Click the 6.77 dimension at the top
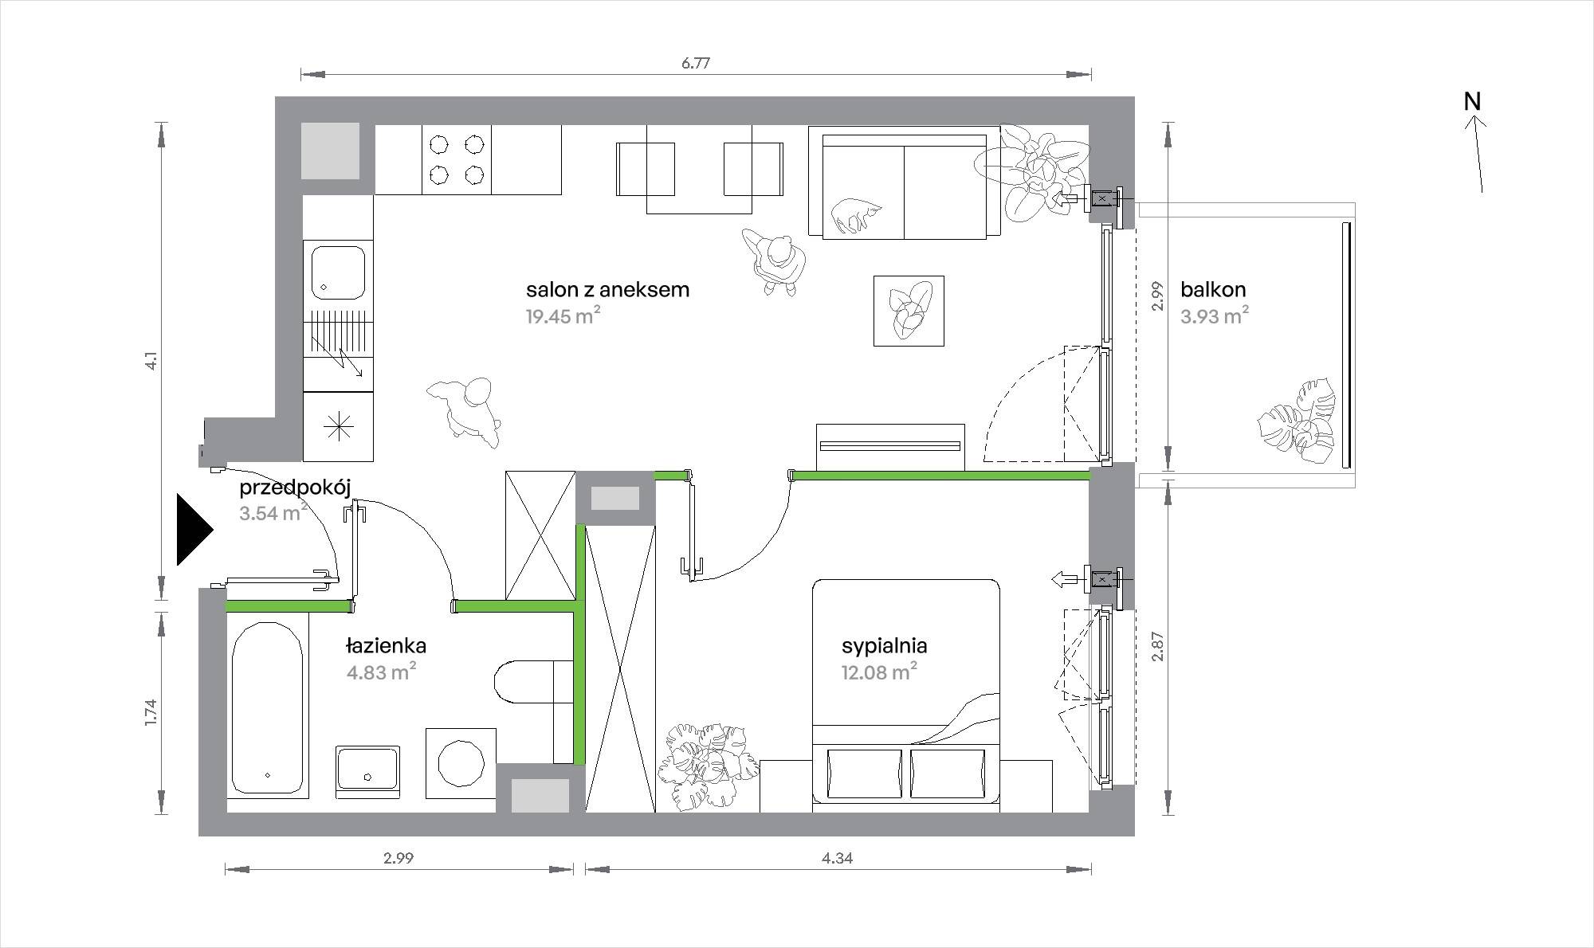coord(695,64)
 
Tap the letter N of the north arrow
coord(1472,102)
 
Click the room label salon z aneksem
coord(607,289)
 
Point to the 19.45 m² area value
coord(563,315)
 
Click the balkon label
coord(1213,289)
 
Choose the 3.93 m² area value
coord(1215,315)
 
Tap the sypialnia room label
coord(885,645)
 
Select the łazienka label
coord(387,645)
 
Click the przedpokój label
coord(296,488)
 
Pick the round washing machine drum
coord(461,762)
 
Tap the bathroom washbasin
coord(367,767)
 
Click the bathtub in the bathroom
coord(267,704)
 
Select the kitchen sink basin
coord(338,271)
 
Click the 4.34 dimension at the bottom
coord(837,858)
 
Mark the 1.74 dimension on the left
coord(152,711)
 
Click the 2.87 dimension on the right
coord(1159,647)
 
